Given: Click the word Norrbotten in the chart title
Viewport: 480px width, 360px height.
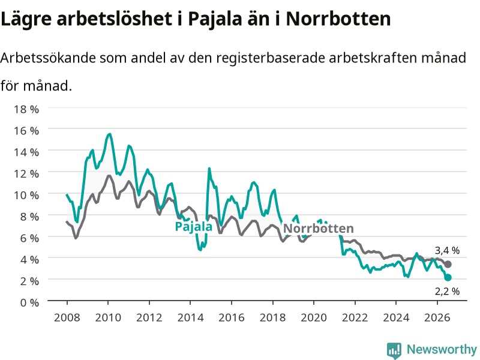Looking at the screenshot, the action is click(338, 19).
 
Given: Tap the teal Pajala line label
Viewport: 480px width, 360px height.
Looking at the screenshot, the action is click(193, 227).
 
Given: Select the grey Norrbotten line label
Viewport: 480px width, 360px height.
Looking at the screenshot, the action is click(319, 229).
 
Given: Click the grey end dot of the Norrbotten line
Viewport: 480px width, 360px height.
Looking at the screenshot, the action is click(448, 264).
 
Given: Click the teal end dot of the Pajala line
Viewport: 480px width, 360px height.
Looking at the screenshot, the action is click(448, 277).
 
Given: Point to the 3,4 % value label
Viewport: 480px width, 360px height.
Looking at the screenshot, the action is click(447, 251).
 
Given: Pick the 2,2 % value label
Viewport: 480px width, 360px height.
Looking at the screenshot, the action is click(447, 291).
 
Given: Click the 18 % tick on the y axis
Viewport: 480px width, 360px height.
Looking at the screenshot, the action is click(26, 109).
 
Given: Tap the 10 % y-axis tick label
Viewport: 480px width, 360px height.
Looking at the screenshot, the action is click(26, 195).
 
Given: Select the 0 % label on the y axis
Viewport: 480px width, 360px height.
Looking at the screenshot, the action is click(29, 302).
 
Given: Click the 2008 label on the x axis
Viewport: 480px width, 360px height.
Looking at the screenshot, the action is click(67, 317).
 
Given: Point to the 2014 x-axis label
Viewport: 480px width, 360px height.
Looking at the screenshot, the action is click(190, 317).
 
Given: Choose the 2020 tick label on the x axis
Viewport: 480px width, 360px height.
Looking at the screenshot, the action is click(314, 317).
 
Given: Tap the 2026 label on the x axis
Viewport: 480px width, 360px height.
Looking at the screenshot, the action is click(437, 317).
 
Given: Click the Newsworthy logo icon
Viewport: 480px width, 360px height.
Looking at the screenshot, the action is click(394, 350).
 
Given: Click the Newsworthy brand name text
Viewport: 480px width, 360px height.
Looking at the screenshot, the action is click(442, 349).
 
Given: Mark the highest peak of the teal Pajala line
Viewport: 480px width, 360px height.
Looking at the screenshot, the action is click(110, 134).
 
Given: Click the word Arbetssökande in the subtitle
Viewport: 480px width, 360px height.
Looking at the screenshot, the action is click(48, 58).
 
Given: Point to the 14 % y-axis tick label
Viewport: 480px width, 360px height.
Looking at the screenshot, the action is click(26, 152).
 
